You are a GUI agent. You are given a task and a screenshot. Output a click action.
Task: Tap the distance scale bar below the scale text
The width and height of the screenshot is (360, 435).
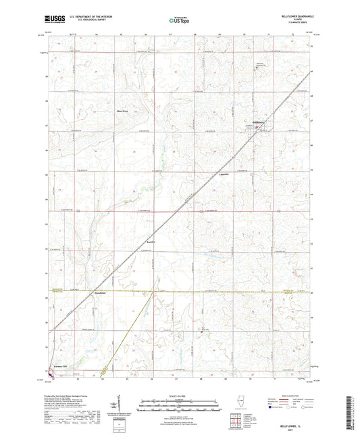click(179, 403)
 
